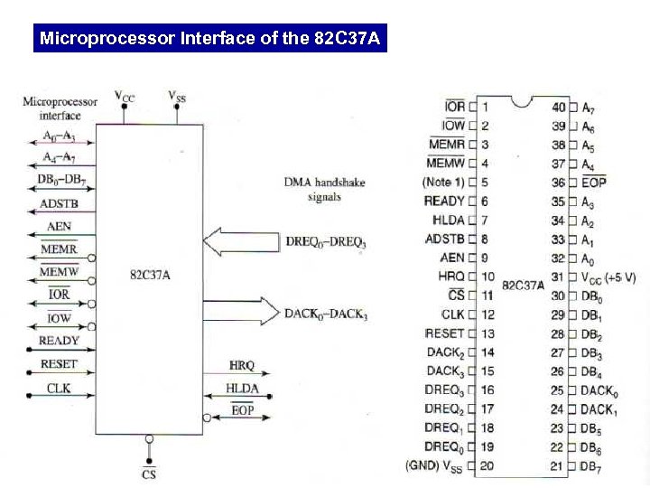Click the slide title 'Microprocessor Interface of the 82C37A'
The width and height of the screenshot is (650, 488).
tap(210, 39)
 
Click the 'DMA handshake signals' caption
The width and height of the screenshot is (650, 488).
tap(324, 189)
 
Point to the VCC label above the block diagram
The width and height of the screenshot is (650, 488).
tap(125, 96)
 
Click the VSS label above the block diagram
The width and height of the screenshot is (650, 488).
tap(177, 95)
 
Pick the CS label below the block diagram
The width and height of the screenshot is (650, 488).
tap(149, 474)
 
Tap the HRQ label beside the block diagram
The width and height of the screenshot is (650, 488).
tap(242, 366)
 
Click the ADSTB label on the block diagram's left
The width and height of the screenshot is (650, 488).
tap(60, 204)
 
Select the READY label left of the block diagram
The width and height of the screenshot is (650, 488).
tap(60, 341)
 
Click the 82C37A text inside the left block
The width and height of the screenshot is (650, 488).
tap(149, 274)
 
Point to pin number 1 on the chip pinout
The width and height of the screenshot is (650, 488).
tap(485, 107)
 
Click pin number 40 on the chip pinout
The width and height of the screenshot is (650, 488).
tap(559, 107)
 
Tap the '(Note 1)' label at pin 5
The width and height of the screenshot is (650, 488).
tap(444, 183)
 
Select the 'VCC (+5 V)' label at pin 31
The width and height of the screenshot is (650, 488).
tap(609, 277)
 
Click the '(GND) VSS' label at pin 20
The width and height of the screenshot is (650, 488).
tap(436, 466)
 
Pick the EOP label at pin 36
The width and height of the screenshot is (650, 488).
tap(595, 183)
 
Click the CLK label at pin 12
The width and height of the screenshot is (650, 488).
tap(452, 314)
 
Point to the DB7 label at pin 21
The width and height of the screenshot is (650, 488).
tap(590, 466)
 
